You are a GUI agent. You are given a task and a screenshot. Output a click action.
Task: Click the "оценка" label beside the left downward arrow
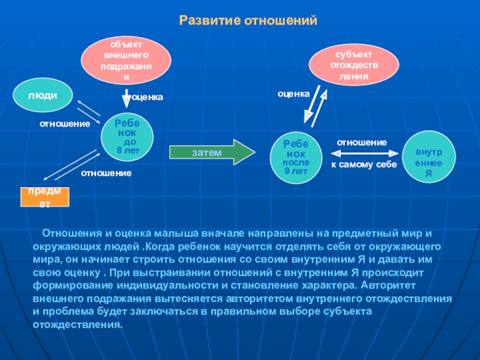tap(147, 97)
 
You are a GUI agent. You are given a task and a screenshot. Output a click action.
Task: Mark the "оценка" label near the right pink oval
tap(293, 94)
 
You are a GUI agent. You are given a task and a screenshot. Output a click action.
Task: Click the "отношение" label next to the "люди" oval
tap(65, 124)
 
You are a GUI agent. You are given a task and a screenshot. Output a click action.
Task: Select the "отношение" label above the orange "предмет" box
tap(106, 173)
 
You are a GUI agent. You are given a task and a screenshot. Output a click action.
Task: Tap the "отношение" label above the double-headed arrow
tap(361, 142)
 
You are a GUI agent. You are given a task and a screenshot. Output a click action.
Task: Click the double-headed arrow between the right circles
tap(362, 153)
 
